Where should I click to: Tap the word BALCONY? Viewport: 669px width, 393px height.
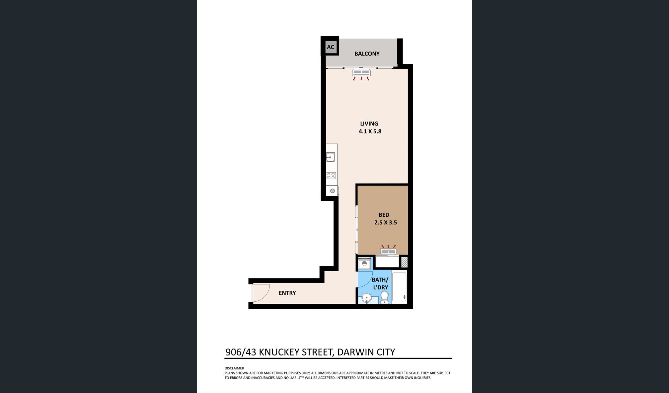point(367,54)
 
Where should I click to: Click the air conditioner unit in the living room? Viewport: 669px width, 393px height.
point(361,73)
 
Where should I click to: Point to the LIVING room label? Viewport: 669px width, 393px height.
point(369,124)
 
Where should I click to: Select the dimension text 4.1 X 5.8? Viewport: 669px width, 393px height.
point(370,131)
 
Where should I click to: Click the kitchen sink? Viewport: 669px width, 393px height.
point(331,157)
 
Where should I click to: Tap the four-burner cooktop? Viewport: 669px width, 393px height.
point(331,176)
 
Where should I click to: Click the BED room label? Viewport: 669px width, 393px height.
point(384,215)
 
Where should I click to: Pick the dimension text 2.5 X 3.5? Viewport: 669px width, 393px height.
point(385,223)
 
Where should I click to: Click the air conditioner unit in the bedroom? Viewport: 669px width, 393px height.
point(388,252)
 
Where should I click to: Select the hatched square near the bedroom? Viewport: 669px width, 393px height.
point(404,262)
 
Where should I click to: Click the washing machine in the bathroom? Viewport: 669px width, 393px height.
point(364,264)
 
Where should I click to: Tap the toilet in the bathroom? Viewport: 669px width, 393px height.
point(385,297)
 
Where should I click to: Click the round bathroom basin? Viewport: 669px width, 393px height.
point(366,298)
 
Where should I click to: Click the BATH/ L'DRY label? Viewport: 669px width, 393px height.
point(380,284)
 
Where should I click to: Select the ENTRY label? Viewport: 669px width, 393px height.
point(287,293)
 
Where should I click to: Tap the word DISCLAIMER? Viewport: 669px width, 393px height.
point(234,368)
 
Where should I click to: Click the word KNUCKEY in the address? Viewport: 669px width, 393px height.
point(279,352)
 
